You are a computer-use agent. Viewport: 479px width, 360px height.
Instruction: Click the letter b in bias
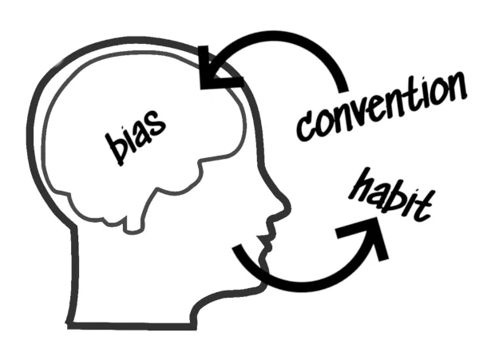[114, 149]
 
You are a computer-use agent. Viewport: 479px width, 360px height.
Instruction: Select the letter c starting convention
[304, 127]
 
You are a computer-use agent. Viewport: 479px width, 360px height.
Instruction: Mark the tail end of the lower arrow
[237, 252]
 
